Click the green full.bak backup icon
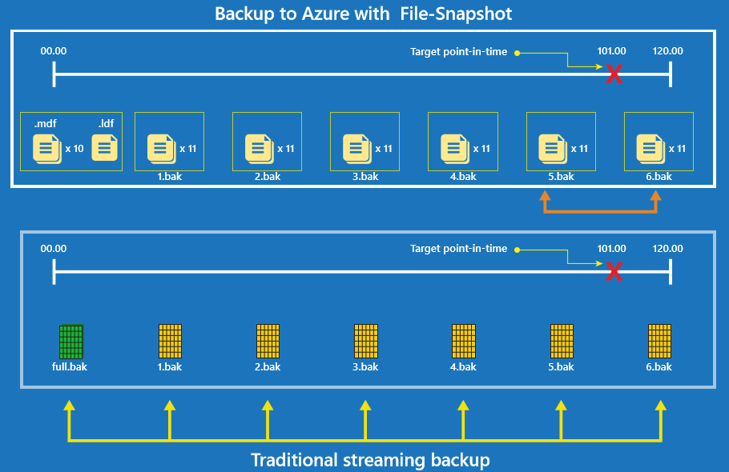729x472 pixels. (x=71, y=342)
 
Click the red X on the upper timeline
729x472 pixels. (x=614, y=74)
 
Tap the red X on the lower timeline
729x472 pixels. (x=614, y=272)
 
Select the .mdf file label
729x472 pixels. (x=45, y=124)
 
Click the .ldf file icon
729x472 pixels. (x=104, y=148)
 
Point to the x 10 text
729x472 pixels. (x=75, y=148)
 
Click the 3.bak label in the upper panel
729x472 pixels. (x=365, y=176)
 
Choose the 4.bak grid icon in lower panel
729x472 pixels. (x=464, y=342)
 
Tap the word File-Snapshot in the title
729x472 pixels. (x=461, y=14)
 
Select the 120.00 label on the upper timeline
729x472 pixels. (x=667, y=51)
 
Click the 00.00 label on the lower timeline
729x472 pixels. (x=54, y=249)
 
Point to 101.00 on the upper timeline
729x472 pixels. (x=611, y=51)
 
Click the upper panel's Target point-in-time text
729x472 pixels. (x=458, y=51)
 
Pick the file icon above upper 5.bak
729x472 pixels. (x=551, y=147)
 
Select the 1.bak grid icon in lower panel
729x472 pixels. (x=170, y=342)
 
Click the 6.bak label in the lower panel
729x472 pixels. (x=659, y=367)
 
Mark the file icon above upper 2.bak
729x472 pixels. (x=257, y=147)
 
